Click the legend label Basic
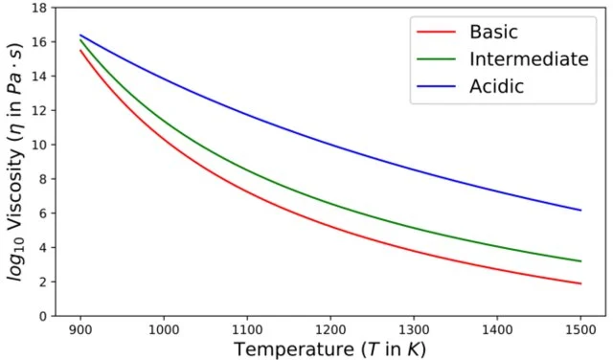493,33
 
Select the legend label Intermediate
528,59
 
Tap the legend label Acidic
497,86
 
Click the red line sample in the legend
437,33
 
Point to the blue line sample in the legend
437,86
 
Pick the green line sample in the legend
437,59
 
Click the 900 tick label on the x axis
80,326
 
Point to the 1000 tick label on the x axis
164,326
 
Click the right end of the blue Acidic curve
579,210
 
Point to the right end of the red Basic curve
579,283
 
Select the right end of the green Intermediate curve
579,261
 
